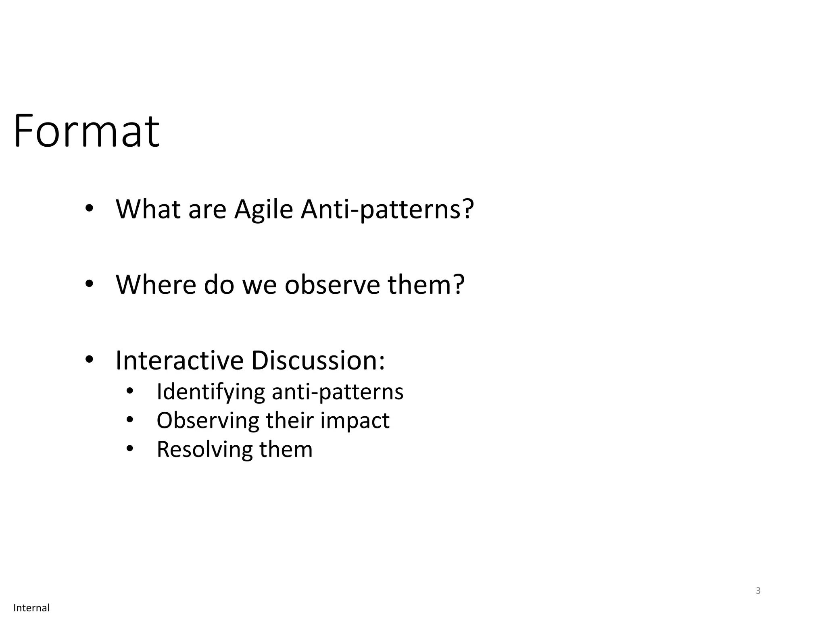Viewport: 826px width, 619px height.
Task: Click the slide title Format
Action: click(x=86, y=131)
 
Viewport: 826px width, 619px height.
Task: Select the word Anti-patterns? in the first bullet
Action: click(x=387, y=210)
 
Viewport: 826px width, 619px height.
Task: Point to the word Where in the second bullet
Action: click(x=155, y=285)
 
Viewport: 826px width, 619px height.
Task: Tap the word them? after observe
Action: click(x=426, y=285)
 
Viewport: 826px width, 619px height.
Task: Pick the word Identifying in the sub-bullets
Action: click(x=211, y=392)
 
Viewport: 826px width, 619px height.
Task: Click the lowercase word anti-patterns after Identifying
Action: click(x=338, y=392)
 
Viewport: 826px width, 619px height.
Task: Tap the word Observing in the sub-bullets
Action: click(x=208, y=420)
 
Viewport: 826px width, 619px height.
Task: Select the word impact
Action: click(x=355, y=420)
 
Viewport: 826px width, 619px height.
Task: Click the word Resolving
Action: click(x=204, y=449)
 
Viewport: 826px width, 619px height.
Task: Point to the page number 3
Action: click(x=758, y=591)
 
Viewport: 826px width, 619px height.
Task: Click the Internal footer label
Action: click(x=31, y=608)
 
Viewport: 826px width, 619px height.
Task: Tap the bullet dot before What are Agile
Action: click(x=89, y=209)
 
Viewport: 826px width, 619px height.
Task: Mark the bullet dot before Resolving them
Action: click(x=129, y=449)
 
